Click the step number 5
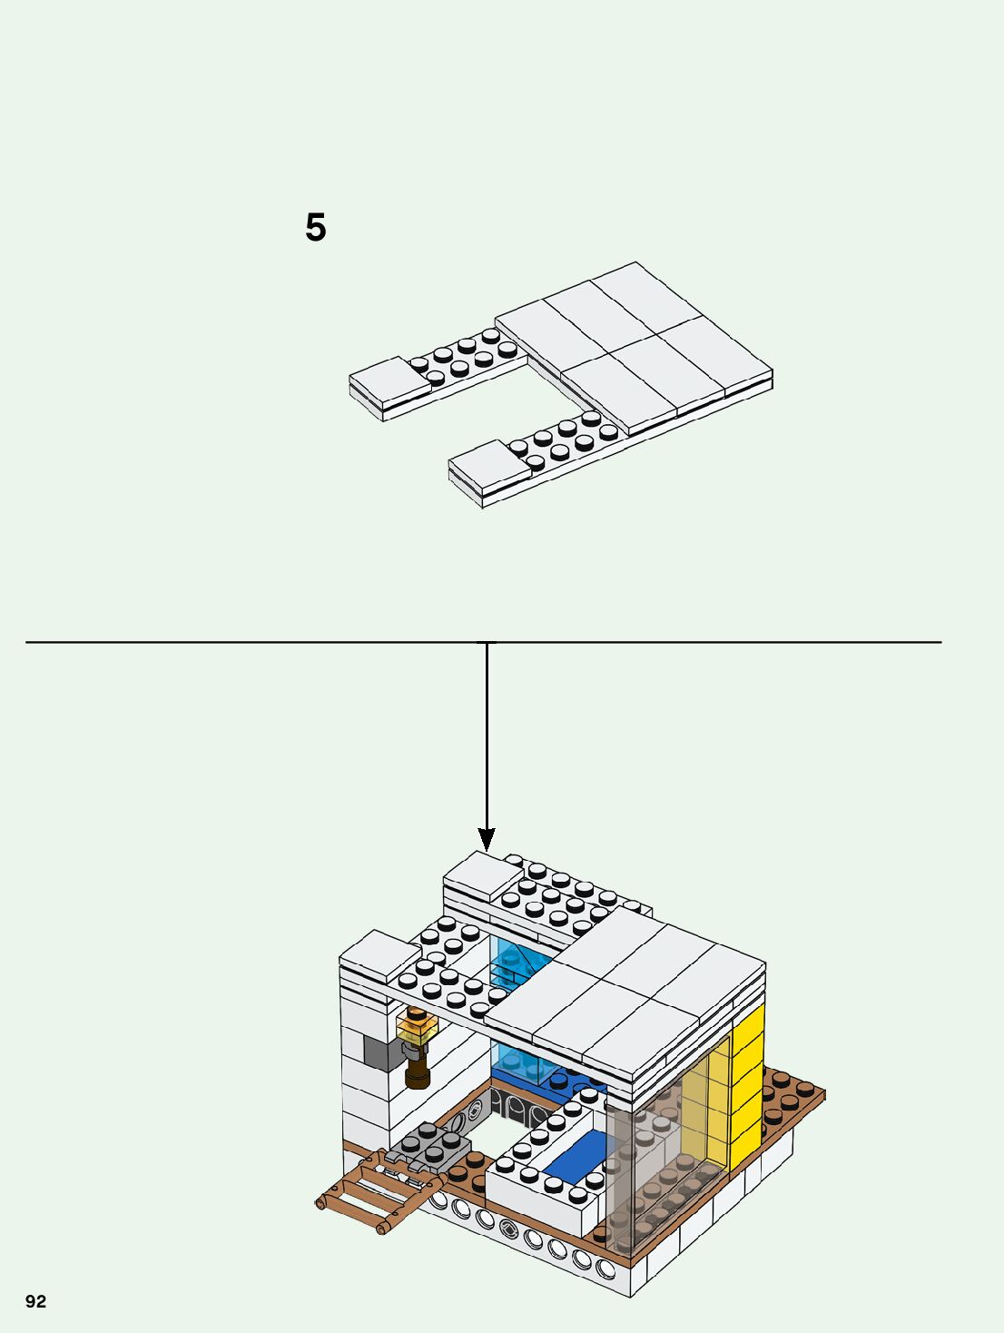(x=315, y=227)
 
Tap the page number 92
(x=35, y=1301)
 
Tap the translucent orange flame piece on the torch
(x=418, y=1028)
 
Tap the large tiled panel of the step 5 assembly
(x=635, y=345)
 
